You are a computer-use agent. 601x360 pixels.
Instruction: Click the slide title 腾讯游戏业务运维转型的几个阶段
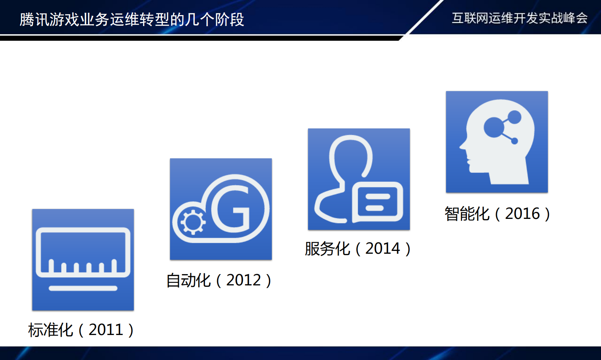(132, 19)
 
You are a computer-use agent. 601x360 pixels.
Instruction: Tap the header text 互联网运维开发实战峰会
(520, 18)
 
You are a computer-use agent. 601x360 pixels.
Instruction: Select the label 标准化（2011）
(81, 330)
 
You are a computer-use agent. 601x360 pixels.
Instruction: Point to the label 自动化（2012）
(219, 280)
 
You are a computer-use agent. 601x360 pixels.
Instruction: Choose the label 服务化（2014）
(358, 249)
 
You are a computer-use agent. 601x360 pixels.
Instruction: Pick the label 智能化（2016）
(497, 214)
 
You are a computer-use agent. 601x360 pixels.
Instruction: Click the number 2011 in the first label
(106, 330)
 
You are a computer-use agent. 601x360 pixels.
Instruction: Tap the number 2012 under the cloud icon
(243, 280)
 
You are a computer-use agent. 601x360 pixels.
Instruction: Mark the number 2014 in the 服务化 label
(383, 249)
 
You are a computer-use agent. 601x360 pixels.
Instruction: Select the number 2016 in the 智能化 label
(522, 214)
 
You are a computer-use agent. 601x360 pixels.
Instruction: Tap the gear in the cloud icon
(193, 222)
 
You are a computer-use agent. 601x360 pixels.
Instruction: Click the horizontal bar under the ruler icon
(83, 289)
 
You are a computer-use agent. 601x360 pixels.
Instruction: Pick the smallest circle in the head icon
(514, 141)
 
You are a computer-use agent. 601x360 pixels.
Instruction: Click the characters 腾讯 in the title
(34, 19)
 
